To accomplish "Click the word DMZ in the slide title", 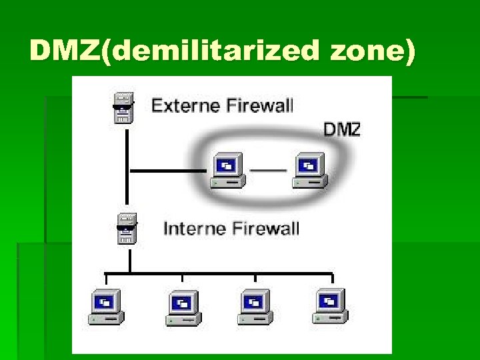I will pyautogui.click(x=64, y=50).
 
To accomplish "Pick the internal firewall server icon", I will pyautogui.click(x=126, y=229).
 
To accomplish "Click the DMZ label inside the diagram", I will pyautogui.click(x=341, y=129).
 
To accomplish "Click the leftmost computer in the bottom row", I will pyautogui.click(x=105, y=307).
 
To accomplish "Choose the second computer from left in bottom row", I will pyautogui.click(x=183, y=307).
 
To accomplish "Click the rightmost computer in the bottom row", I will pyautogui.click(x=329, y=307).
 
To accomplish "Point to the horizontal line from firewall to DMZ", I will pyautogui.click(x=167, y=171).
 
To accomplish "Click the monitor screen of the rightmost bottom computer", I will pyautogui.click(x=327, y=300).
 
